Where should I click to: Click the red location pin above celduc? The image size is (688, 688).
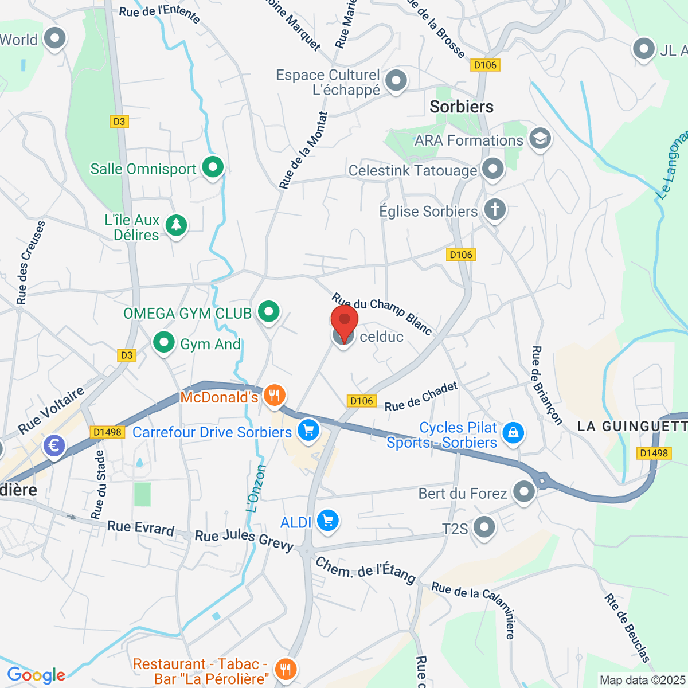click(345, 321)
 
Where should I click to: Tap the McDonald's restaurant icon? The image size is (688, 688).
click(275, 395)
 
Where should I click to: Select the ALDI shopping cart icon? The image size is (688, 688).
click(328, 521)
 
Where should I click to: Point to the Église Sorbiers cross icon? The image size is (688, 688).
click(495, 209)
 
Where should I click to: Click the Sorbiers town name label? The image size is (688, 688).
click(462, 107)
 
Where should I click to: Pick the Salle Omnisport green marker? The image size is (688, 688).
click(213, 167)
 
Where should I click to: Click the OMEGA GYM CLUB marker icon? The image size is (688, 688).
click(268, 311)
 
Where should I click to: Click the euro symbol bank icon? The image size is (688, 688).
click(54, 445)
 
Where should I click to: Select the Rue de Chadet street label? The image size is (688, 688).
click(421, 397)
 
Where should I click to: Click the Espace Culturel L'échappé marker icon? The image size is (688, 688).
click(396, 80)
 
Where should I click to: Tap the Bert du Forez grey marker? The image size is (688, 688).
click(523, 491)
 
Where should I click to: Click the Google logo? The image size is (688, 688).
click(36, 675)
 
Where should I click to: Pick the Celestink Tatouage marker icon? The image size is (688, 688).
click(492, 169)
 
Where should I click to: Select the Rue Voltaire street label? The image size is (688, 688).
click(51, 411)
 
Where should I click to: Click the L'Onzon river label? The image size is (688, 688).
click(256, 488)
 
